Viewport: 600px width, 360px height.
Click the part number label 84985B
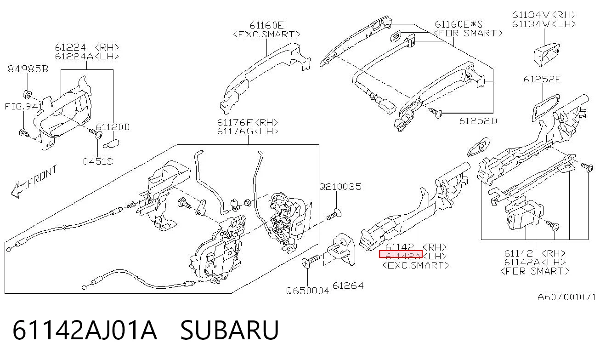click(x=28, y=69)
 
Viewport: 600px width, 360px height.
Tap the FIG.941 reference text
click(x=23, y=107)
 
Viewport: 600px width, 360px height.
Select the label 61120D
click(x=113, y=127)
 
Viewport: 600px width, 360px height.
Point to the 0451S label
click(x=98, y=161)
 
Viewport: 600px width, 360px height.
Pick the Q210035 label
click(x=340, y=187)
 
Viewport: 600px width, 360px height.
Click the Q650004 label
click(x=307, y=291)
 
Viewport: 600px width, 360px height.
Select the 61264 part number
click(x=348, y=286)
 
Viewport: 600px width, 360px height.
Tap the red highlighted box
click(x=401, y=254)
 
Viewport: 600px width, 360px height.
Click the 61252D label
click(x=478, y=121)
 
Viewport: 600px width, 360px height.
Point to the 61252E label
click(x=542, y=80)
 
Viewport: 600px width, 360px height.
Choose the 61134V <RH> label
click(x=544, y=15)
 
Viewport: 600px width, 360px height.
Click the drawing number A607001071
click(x=566, y=297)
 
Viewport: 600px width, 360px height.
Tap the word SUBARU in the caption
click(x=230, y=330)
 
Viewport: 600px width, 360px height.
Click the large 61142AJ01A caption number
click(x=85, y=330)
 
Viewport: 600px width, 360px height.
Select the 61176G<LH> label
click(x=248, y=131)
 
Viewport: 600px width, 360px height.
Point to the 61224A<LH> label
click(x=87, y=57)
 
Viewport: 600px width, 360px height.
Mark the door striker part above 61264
click(x=341, y=249)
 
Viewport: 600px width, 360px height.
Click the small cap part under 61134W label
click(x=546, y=54)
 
